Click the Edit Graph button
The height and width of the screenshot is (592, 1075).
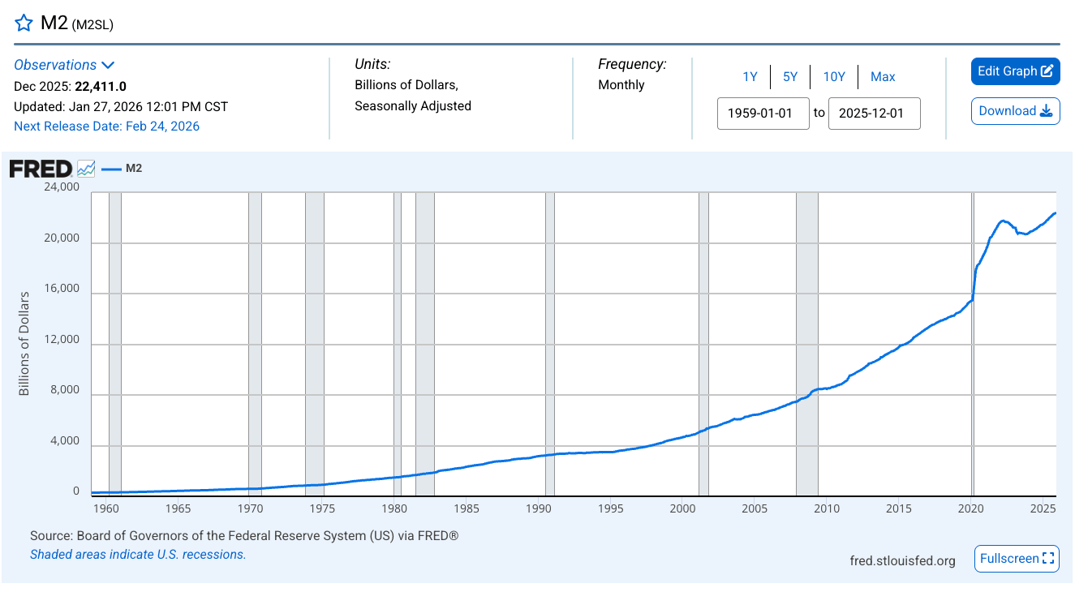1015,71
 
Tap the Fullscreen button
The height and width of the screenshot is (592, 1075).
1016,559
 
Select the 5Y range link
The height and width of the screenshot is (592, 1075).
790,77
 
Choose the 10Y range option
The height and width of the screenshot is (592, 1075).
834,77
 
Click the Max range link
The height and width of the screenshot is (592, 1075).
883,77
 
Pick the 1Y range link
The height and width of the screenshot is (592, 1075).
750,77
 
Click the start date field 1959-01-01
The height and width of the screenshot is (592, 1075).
763,114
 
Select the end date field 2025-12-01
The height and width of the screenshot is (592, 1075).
874,114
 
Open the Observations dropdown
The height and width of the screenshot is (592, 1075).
64,65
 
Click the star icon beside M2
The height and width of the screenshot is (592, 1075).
24,23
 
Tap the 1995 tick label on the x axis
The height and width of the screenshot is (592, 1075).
611,508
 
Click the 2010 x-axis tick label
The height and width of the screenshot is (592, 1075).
827,508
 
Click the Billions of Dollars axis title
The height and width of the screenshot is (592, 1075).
24,343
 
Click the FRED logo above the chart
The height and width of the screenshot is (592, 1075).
41,169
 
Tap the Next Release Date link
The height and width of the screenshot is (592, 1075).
106,127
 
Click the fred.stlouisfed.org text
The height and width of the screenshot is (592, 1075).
902,560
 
